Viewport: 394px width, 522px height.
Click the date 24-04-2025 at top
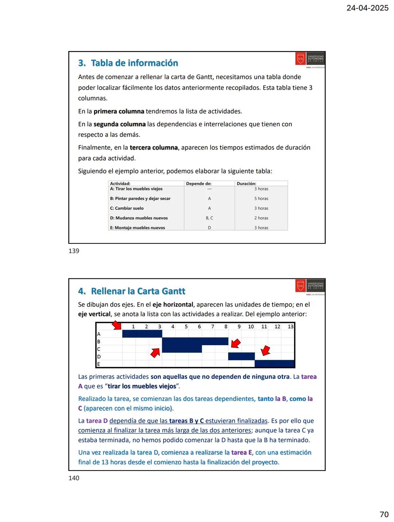[x=367, y=8]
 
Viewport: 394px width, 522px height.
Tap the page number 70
[x=384, y=514]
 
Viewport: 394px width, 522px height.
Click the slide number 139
[x=74, y=251]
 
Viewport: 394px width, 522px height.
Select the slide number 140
[x=74, y=478]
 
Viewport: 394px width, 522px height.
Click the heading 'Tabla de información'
[x=134, y=63]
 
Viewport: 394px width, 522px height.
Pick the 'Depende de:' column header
[x=198, y=184]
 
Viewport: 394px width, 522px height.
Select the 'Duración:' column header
[x=246, y=184]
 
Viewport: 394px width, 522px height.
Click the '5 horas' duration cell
[x=261, y=199]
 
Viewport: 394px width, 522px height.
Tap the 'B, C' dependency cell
[x=209, y=218]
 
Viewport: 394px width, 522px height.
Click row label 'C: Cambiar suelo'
[x=127, y=208]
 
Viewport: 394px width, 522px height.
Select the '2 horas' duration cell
[x=261, y=218]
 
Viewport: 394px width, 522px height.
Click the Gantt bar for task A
[x=142, y=334]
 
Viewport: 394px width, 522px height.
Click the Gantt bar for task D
[x=241, y=356]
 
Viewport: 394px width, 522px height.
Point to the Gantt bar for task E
[x=274, y=363]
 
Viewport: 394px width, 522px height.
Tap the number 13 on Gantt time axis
[x=290, y=327]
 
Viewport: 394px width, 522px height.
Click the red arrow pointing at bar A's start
[x=117, y=325]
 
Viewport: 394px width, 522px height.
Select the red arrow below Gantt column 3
[x=155, y=352]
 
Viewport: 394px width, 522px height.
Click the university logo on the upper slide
[x=310, y=59]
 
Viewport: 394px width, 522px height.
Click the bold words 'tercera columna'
[x=154, y=148]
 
